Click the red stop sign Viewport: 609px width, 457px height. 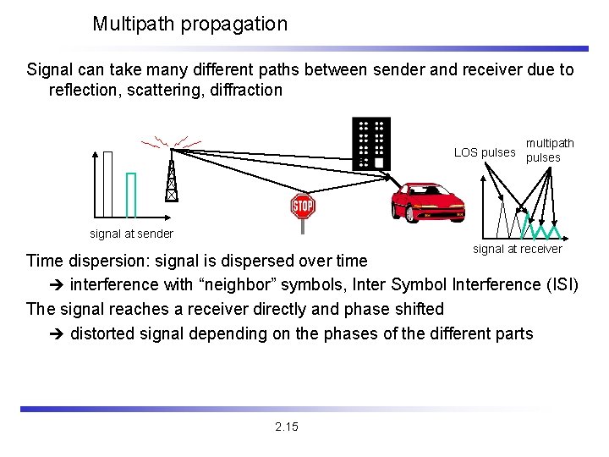pyautogui.click(x=302, y=206)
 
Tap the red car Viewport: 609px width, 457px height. pyautogui.click(x=427, y=201)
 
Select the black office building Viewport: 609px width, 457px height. pyautogui.click(x=371, y=142)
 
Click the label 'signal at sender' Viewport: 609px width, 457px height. pyautogui.click(x=131, y=234)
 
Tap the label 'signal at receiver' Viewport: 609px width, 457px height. pyautogui.click(x=517, y=249)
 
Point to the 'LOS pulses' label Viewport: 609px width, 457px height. pyautogui.click(x=484, y=152)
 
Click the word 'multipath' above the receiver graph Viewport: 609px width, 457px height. pyautogui.click(x=550, y=143)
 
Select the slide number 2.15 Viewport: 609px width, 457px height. pyautogui.click(x=287, y=427)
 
